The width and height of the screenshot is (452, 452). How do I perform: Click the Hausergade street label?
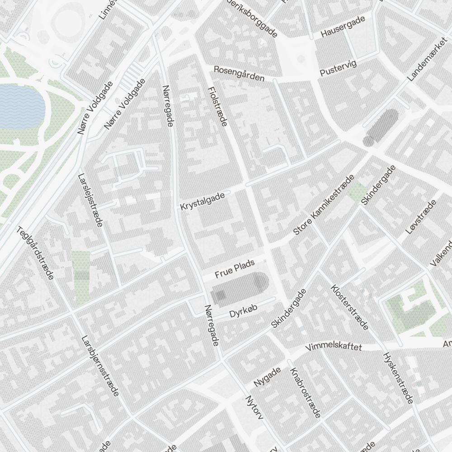343,27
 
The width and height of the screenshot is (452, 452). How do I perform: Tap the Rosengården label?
239,74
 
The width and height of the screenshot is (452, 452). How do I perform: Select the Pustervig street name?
338,68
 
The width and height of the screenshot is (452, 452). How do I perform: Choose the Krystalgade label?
202,200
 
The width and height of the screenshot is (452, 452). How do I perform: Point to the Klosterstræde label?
350,307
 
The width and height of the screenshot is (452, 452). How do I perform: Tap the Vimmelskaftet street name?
334,347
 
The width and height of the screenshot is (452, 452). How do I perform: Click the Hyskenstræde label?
398,378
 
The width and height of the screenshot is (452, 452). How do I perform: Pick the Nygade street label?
267,377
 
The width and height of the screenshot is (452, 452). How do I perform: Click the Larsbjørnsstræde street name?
100,366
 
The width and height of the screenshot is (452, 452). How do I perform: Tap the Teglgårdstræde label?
35,253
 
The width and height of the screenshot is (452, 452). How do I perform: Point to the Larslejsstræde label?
90,200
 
